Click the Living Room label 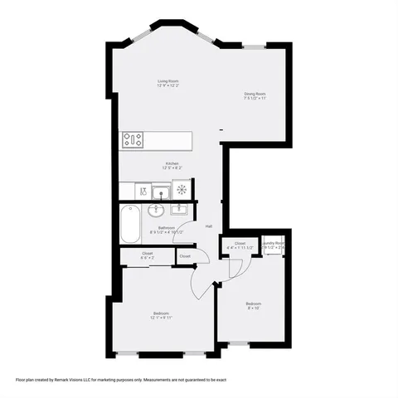click(169, 80)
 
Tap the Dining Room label click(255, 94)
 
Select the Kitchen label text click(172, 163)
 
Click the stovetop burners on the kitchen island click(133, 140)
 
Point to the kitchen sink click(159, 192)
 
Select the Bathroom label click(170, 228)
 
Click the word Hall click(209, 226)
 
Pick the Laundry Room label click(274, 243)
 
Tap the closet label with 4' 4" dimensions click(240, 243)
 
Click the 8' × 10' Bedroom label click(254, 303)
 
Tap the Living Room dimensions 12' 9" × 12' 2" click(169, 85)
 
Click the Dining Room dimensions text click(255, 99)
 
